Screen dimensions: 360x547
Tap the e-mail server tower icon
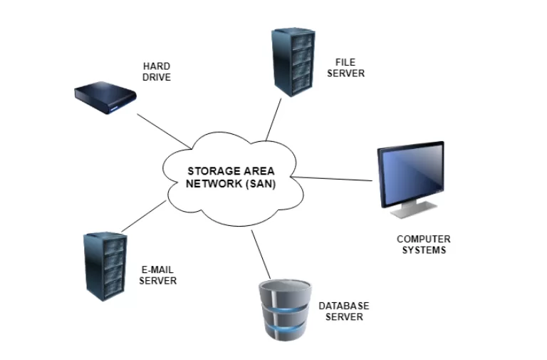[x=103, y=264]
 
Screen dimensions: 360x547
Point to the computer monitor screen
[x=410, y=175]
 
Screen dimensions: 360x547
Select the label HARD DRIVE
[x=157, y=72]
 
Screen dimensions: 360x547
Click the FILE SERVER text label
[x=350, y=68]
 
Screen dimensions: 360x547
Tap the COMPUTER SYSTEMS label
[x=424, y=245]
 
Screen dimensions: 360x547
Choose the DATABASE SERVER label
[x=344, y=311]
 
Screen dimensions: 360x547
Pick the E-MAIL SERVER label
[x=157, y=275]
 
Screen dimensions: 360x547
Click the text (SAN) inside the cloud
[x=261, y=183]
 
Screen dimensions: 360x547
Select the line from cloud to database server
[x=261, y=254]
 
